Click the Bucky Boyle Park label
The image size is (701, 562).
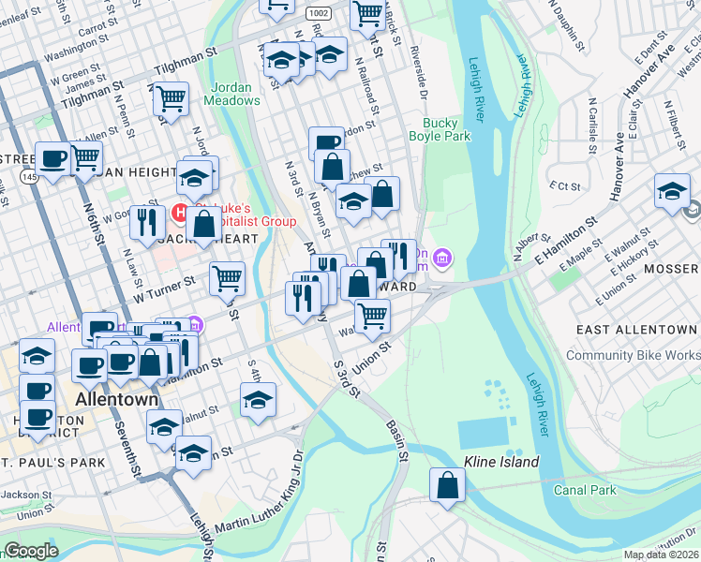pyautogui.click(x=439, y=129)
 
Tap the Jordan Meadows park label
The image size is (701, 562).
pyautogui.click(x=231, y=93)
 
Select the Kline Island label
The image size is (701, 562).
pyautogui.click(x=501, y=462)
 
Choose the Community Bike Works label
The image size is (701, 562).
pyautogui.click(x=633, y=355)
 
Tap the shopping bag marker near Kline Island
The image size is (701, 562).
pyautogui.click(x=448, y=486)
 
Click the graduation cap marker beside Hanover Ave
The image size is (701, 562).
pyautogui.click(x=672, y=192)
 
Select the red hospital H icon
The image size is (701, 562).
pyautogui.click(x=182, y=213)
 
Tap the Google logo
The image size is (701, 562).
pyautogui.click(x=31, y=551)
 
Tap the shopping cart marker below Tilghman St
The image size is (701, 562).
pyautogui.click(x=171, y=98)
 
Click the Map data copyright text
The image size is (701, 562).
pyautogui.click(x=662, y=555)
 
